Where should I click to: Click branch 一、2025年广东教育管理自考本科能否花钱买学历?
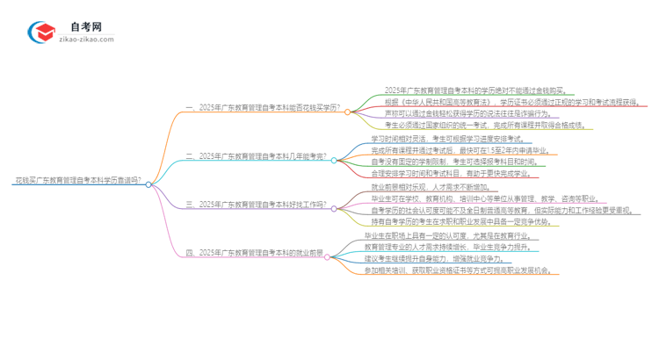click(x=262, y=112)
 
